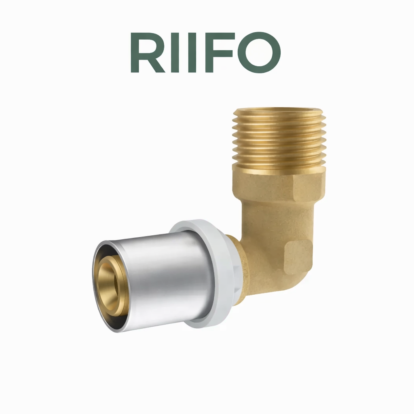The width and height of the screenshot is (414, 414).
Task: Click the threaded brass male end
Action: (279, 139)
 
